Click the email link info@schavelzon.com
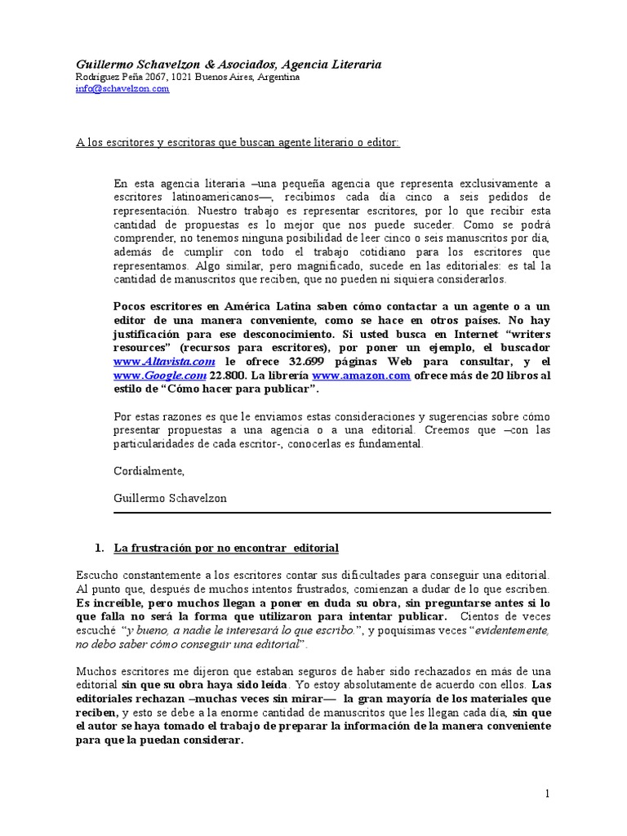tap(122, 89)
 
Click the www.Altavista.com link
tap(163, 361)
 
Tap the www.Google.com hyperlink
tap(159, 375)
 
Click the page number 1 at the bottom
tap(549, 793)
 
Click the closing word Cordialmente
tap(149, 471)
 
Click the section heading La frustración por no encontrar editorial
tap(226, 547)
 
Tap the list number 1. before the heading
tap(100, 547)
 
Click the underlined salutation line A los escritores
tap(238, 142)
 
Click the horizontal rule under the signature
tap(332, 513)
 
